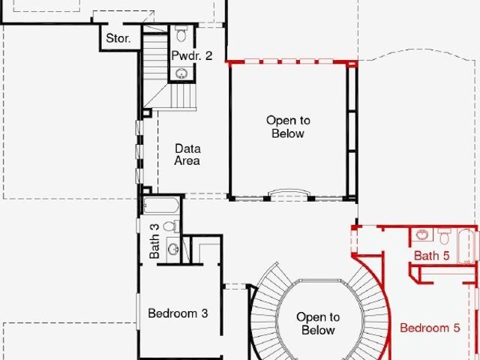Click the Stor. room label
coord(118,38)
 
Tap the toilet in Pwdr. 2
coord(181,34)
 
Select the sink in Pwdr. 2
coord(181,73)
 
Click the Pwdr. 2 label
coord(192,55)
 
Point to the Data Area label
coord(187,154)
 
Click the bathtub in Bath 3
coord(160,205)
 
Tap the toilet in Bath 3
coord(172,226)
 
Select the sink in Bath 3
coord(173,249)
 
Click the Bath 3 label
coord(154,241)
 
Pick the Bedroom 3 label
coord(178,313)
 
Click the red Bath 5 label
coord(432,256)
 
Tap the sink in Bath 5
coord(422,235)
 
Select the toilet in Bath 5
coord(444,236)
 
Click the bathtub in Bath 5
coord(466,246)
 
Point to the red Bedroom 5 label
coord(430,328)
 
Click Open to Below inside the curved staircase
coord(318,323)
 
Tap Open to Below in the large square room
coord(288,127)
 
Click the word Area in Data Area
coord(187,160)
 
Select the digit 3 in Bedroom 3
coord(205,313)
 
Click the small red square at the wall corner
coord(352,64)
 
